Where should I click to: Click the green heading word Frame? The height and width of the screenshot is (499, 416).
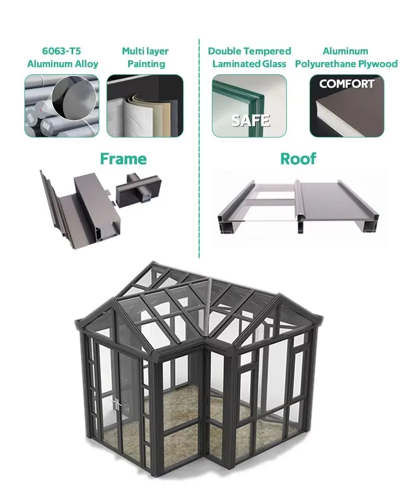[123, 159]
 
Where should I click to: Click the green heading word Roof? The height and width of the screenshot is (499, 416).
[298, 159]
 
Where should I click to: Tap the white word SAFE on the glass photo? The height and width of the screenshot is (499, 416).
[250, 120]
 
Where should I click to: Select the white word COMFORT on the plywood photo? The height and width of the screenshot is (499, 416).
[347, 85]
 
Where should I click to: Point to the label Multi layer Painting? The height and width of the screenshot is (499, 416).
[145, 58]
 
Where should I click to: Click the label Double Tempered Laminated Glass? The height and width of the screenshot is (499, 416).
[249, 58]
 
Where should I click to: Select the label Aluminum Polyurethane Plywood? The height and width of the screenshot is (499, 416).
[346, 58]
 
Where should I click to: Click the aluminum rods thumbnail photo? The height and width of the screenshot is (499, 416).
[62, 106]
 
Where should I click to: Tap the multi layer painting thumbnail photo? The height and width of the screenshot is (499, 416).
[145, 106]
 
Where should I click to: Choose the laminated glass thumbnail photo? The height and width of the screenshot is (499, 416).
[249, 106]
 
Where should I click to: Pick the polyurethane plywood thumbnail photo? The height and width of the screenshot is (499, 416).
[347, 106]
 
